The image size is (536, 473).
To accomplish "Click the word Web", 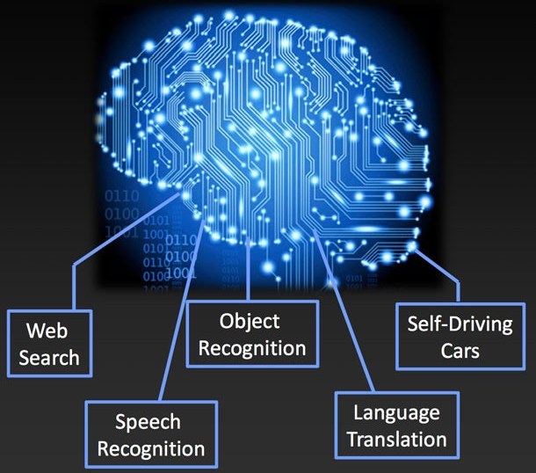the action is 47,331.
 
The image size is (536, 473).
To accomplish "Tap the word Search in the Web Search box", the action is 49,358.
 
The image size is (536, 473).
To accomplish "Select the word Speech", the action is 148,423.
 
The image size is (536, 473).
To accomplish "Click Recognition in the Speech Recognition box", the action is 151,448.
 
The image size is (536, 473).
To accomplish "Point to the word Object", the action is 250,322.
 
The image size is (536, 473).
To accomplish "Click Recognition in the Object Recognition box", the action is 252,348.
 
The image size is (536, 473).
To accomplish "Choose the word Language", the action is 396,414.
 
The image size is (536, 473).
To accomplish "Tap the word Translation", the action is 397,439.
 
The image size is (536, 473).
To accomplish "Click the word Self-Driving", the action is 460,324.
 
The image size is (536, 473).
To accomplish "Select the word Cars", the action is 460,351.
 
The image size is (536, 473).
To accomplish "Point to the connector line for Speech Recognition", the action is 182,309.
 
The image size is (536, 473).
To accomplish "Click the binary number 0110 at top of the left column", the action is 122,196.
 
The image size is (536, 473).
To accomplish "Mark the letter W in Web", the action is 35,331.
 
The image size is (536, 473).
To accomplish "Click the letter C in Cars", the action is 446,351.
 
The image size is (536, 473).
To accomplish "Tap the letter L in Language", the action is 358,411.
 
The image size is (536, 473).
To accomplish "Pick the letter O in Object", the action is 227,322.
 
